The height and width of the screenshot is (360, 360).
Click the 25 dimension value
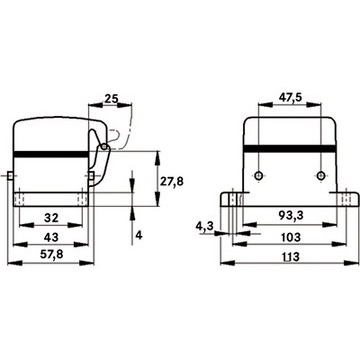click(111, 99)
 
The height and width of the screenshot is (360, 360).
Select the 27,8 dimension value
click(172, 181)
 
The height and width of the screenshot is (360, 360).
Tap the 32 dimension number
click(51, 218)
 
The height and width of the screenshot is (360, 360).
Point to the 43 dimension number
click(51, 237)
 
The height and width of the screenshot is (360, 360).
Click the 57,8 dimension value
click(51, 255)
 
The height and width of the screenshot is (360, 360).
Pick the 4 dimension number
click(139, 236)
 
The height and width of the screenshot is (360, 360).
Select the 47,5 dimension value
click(290, 97)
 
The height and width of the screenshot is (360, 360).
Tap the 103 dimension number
click(290, 237)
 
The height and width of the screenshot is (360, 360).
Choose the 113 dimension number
click(290, 257)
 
